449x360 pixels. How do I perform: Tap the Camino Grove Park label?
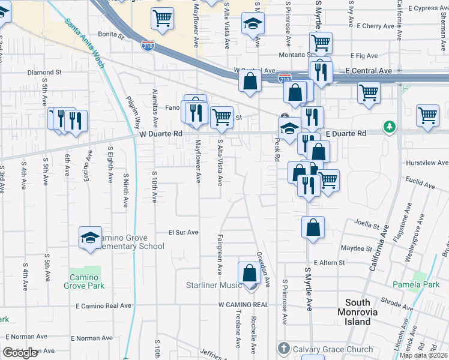coord(84,281)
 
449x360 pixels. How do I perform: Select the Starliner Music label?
coord(214,285)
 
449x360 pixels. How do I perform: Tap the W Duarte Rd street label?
coord(160,134)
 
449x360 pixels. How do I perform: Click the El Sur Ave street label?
coord(183,232)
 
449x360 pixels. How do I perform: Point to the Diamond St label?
coord(44,72)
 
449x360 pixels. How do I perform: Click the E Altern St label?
coord(330,263)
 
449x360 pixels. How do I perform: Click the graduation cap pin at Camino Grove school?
coord(90,236)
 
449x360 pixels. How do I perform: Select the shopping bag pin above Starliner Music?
coord(249,273)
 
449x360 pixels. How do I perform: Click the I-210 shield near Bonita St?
coord(148,44)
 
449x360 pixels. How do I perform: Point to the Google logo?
coord(20,353)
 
